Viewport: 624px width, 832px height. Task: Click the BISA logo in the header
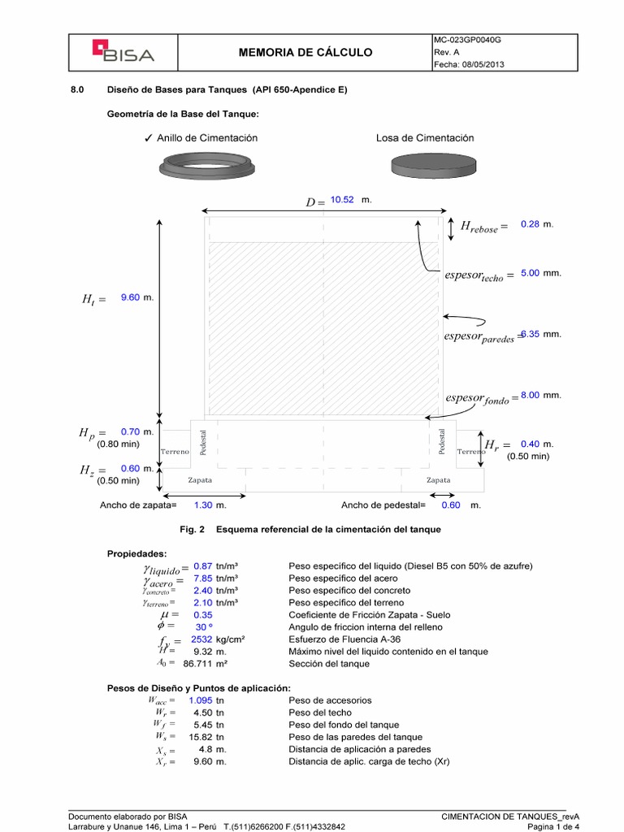pyautogui.click(x=123, y=53)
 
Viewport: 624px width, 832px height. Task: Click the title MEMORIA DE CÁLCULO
pyautogui.click(x=306, y=53)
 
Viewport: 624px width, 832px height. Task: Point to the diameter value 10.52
pyautogui.click(x=342, y=200)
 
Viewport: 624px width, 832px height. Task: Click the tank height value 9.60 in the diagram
pyautogui.click(x=130, y=298)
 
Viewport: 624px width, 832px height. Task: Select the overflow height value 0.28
pyautogui.click(x=530, y=223)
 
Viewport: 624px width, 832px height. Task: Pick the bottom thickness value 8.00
pyautogui.click(x=530, y=395)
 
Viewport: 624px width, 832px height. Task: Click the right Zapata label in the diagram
pyautogui.click(x=439, y=480)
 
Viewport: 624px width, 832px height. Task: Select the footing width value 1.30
pyautogui.click(x=203, y=505)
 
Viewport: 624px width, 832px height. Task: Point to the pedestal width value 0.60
pyautogui.click(x=450, y=505)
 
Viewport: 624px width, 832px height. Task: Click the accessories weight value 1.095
pyautogui.click(x=200, y=700)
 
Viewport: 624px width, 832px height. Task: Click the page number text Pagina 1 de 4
pyautogui.click(x=553, y=826)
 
